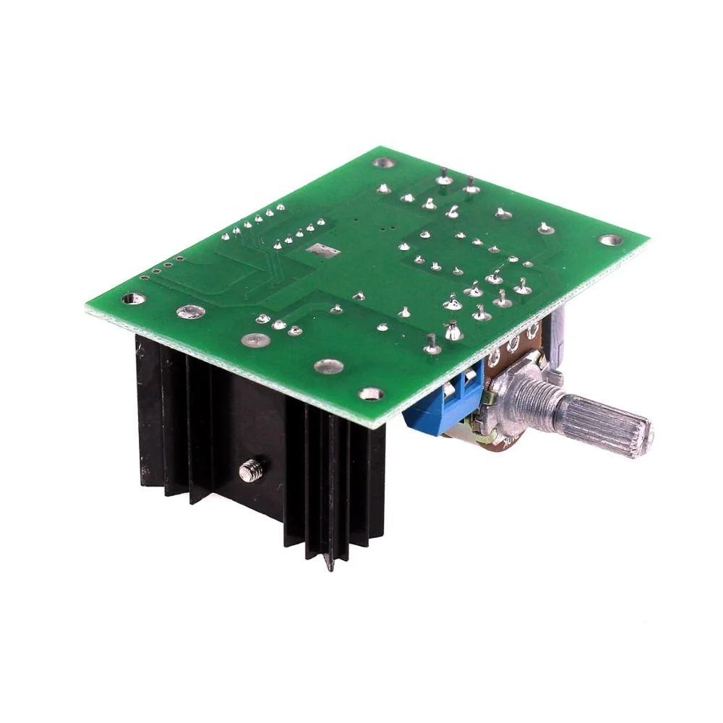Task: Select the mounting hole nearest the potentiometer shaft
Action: tap(372, 394)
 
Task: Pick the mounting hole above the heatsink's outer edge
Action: tap(130, 297)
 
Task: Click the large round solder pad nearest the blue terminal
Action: tap(330, 365)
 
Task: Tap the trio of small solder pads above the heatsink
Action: tap(278, 327)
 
